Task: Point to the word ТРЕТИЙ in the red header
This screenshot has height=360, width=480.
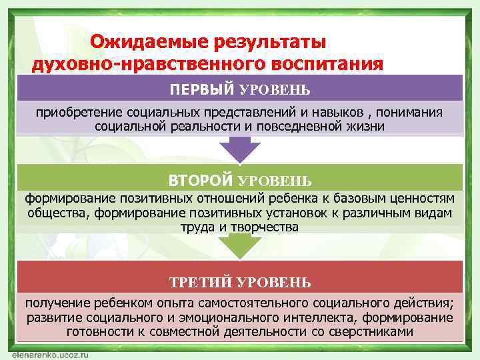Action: click(199, 283)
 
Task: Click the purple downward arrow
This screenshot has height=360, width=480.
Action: click(240, 149)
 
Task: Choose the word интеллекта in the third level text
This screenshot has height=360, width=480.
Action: click(319, 317)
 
